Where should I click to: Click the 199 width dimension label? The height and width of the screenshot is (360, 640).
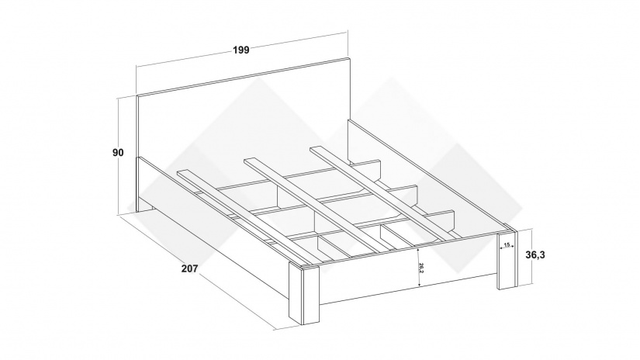(x=240, y=50)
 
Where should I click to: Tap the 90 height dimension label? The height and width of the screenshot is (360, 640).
(x=118, y=153)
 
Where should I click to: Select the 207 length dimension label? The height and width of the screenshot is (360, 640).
(x=189, y=268)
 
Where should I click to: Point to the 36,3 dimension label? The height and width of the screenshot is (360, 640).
(x=535, y=255)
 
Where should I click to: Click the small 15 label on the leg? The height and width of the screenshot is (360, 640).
(x=507, y=244)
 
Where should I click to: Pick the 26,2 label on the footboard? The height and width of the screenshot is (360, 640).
(x=420, y=268)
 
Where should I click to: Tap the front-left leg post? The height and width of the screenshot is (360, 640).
(x=304, y=294)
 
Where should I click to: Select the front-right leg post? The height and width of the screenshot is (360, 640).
(x=507, y=257)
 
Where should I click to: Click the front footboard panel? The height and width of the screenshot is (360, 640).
(x=408, y=272)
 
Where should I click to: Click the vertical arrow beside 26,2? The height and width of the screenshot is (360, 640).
(x=418, y=267)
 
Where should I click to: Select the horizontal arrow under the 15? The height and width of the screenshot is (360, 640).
(x=507, y=247)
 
